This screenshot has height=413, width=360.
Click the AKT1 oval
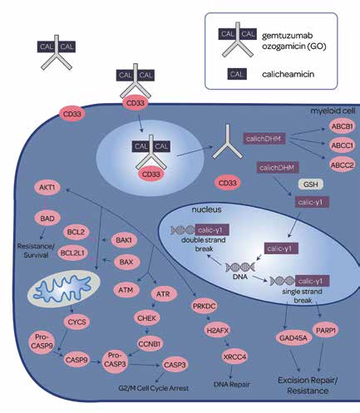coord(47,188)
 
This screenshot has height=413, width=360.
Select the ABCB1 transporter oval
coord(343,126)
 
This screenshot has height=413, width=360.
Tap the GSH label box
coord(311,184)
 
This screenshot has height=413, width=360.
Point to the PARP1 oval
coord(326,330)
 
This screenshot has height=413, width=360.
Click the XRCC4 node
coord(234,356)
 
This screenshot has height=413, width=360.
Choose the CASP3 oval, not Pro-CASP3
coord(175,365)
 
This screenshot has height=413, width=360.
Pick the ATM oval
coord(126,290)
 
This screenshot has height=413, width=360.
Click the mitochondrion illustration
coord(64,288)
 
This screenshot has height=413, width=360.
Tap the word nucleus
coord(206,209)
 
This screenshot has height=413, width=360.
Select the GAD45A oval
coord(293,338)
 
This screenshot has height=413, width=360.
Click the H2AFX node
coord(218,330)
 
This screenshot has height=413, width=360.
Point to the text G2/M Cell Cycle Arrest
coord(153,388)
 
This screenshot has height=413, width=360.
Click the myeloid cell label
coord(333,111)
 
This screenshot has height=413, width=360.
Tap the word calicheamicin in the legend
coord(288,74)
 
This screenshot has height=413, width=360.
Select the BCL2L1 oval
coord(72,253)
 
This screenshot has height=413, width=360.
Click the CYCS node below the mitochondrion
coord(76,322)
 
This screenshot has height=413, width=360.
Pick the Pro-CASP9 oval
coord(42,342)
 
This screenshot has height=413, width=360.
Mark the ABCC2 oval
coord(343,165)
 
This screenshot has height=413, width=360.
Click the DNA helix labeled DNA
coord(240,268)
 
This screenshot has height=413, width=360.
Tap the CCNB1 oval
coord(149,344)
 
